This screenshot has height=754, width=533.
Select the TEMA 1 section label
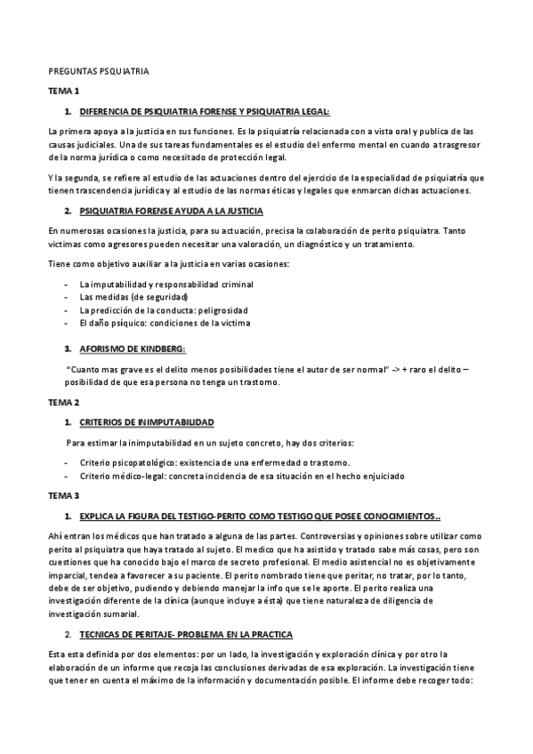pyautogui.click(x=64, y=91)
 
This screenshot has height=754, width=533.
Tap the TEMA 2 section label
pyautogui.click(x=64, y=402)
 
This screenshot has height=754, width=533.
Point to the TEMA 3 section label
pyautogui.click(x=64, y=494)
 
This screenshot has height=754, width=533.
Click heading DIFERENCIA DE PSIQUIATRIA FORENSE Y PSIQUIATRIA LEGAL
pyautogui.click(x=205, y=111)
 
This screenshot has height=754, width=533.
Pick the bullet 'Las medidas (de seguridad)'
pyautogui.click(x=133, y=296)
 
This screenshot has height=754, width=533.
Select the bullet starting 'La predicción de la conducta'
pyautogui.click(x=164, y=309)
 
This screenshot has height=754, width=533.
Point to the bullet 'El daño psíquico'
pyautogui.click(x=165, y=323)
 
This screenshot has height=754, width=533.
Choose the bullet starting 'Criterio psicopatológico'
pyautogui.click(x=214, y=461)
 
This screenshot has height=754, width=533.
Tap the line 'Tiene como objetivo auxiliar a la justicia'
pyautogui.click(x=169, y=264)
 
